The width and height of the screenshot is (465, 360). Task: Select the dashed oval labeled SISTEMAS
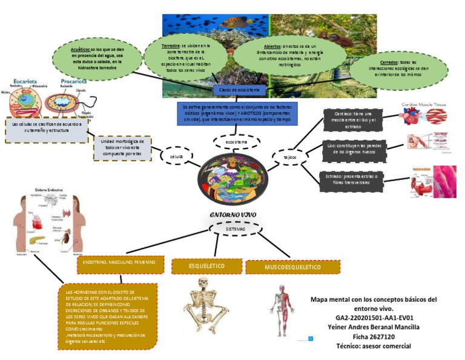tap(236, 230)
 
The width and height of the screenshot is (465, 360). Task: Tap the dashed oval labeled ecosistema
tap(237, 141)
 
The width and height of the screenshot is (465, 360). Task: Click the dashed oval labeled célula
tap(176, 156)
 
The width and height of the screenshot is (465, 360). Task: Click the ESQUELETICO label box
tap(206, 266)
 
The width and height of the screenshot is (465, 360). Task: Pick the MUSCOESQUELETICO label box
tap(293, 267)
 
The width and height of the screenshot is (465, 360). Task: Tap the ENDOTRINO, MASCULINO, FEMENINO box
tap(119, 262)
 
